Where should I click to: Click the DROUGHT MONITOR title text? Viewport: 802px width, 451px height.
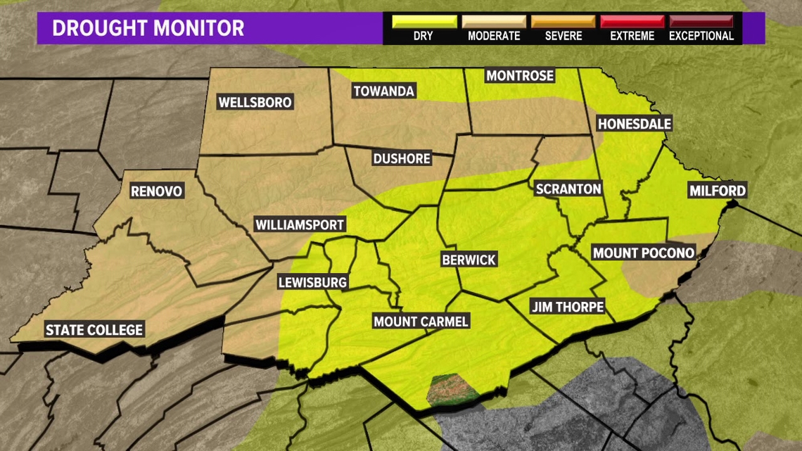click(148, 28)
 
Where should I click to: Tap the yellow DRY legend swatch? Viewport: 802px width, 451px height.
click(424, 22)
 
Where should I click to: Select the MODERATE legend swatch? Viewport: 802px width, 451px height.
click(493, 22)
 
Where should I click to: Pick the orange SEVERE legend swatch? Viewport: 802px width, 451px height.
click(563, 22)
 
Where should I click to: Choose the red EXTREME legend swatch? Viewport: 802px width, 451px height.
click(632, 22)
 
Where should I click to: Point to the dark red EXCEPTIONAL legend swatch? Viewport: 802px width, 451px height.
click(701, 22)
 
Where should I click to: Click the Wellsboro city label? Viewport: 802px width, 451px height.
click(255, 102)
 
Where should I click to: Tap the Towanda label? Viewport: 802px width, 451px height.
click(383, 91)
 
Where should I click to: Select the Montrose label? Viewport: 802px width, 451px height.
click(520, 75)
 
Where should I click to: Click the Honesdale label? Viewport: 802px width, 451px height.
click(634, 124)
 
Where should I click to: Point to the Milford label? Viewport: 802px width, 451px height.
click(718, 191)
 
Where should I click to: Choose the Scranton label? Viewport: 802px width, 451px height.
click(568, 189)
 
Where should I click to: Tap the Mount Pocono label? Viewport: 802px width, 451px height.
click(644, 253)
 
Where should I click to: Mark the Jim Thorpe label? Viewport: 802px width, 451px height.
click(567, 307)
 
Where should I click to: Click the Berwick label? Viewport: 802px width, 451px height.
click(469, 260)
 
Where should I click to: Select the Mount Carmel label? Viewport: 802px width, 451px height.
click(421, 322)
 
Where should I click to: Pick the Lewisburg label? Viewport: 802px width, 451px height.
click(312, 282)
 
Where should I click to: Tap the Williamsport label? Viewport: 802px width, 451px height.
click(300, 225)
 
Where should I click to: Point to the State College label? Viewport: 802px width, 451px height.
click(94, 329)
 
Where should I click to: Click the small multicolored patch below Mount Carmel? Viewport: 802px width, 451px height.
click(451, 390)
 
